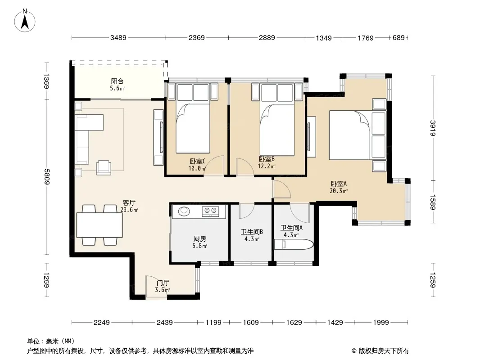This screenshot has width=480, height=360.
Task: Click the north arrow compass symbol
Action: coord(25,21)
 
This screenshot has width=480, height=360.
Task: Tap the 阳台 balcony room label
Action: coord(117,81)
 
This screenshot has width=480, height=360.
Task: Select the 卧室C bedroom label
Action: coord(198,161)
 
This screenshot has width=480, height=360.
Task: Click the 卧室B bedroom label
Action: coord(267,159)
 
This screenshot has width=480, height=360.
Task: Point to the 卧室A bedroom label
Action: coord(339,184)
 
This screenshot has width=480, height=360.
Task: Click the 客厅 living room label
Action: coord(129,203)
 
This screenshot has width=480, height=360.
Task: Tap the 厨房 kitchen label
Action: coord(199,239)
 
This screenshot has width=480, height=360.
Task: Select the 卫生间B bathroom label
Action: coord(252,232)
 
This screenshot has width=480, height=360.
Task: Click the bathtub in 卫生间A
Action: coord(294,245)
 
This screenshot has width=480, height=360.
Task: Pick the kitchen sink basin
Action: coord(184,211)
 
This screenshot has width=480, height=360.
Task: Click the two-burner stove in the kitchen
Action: coord(211,211)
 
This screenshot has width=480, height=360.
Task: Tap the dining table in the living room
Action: coord(100,225)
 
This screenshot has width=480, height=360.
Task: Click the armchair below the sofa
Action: coord(104,167)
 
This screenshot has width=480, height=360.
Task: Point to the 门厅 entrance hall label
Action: coord(163,283)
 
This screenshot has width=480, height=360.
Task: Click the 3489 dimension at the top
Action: coord(118,38)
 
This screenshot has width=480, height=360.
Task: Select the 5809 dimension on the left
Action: coord(46,177)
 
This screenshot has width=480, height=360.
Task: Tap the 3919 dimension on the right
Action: coord(433,128)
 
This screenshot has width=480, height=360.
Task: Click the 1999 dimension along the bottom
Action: coord(381,322)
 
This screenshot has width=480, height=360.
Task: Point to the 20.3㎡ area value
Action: coord(339,191)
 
